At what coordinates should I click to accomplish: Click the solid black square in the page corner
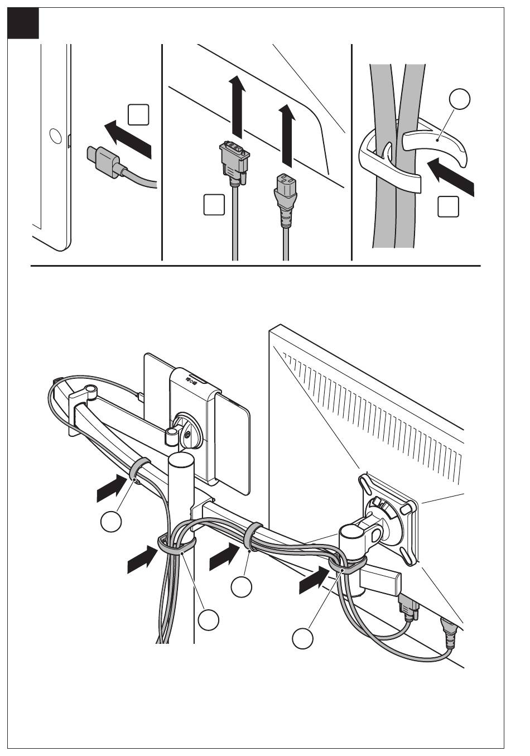tap(24, 24)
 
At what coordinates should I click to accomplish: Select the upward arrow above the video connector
tap(237, 105)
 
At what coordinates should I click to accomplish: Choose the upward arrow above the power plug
tap(286, 133)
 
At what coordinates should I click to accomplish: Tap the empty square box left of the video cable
tap(214, 204)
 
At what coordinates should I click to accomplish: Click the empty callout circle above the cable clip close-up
tap(460, 100)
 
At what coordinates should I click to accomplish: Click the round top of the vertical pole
tap(181, 461)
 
